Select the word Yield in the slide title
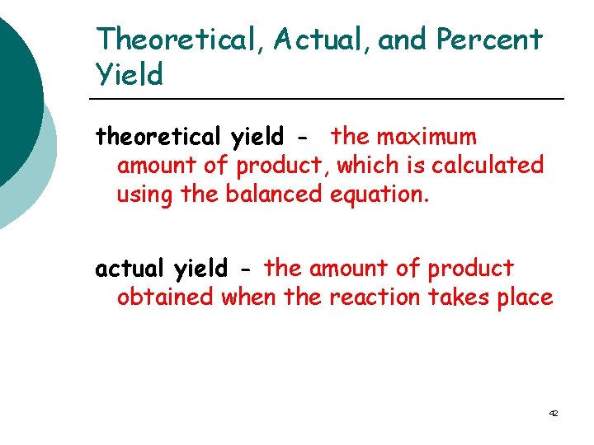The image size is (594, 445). tap(130, 75)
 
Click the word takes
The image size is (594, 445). tap(459, 297)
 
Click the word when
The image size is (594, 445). tap(248, 297)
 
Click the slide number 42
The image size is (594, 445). tap(553, 412)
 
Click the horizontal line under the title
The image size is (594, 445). tap(330, 99)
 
